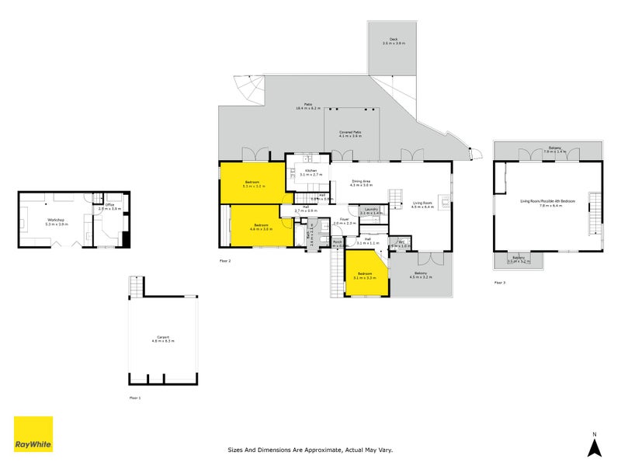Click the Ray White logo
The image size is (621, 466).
(33, 434)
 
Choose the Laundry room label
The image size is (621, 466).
(369, 210)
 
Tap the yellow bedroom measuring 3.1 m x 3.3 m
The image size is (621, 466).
(365, 276)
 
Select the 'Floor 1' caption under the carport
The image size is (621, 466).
(135, 397)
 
